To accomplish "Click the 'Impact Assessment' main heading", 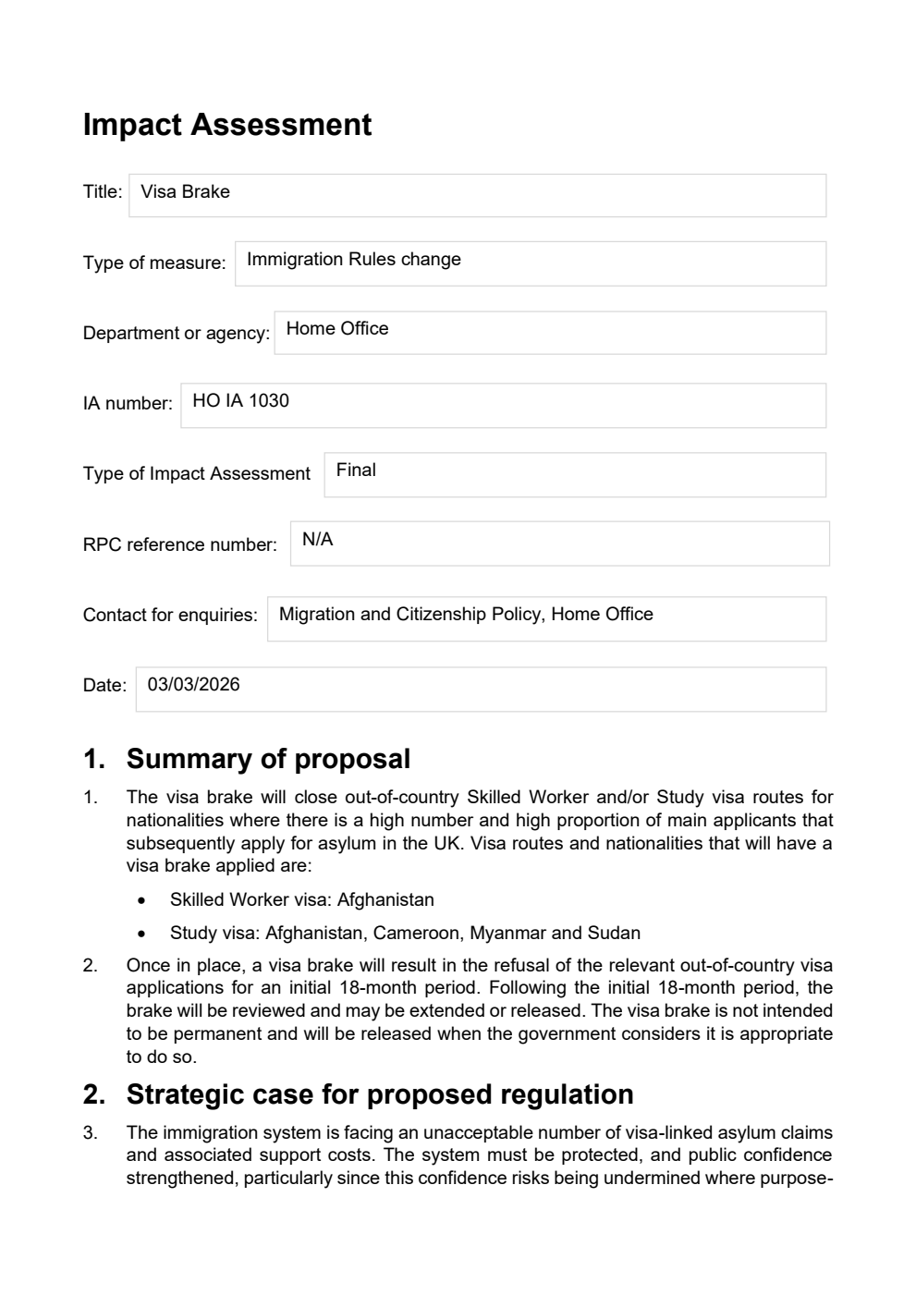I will tap(227, 125).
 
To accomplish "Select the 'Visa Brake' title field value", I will tap(185, 192).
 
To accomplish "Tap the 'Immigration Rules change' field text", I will tap(353, 260).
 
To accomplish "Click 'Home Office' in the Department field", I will tap(336, 329).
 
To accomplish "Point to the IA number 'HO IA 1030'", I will tap(240, 401).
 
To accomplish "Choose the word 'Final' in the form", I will tap(356, 470).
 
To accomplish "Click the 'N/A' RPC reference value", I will tap(317, 540).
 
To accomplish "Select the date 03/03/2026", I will tap(193, 685).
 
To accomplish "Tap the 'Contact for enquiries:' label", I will tap(170, 616).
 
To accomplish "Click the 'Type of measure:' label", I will tap(154, 263).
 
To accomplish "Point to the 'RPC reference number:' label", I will tap(180, 545).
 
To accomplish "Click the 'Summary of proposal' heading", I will tap(268, 759).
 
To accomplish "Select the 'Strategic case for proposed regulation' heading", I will tap(380, 1094).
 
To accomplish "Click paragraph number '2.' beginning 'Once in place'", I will tap(90, 966).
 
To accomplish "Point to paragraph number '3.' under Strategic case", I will tap(90, 1132).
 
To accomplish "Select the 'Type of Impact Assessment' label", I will tap(197, 474).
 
